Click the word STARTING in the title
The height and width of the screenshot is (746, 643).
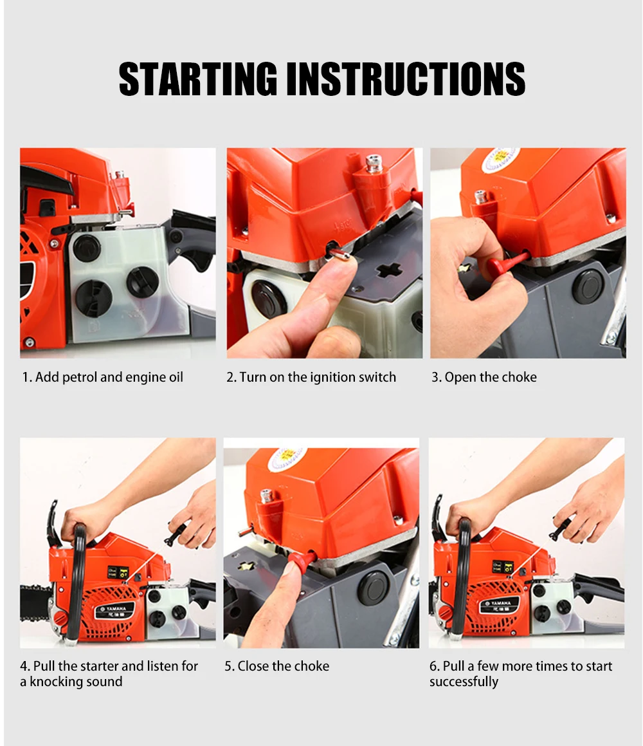click(197, 79)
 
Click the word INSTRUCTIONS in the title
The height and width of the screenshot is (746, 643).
click(406, 79)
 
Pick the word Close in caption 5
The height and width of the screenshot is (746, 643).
click(252, 666)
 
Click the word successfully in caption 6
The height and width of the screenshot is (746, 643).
click(464, 682)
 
